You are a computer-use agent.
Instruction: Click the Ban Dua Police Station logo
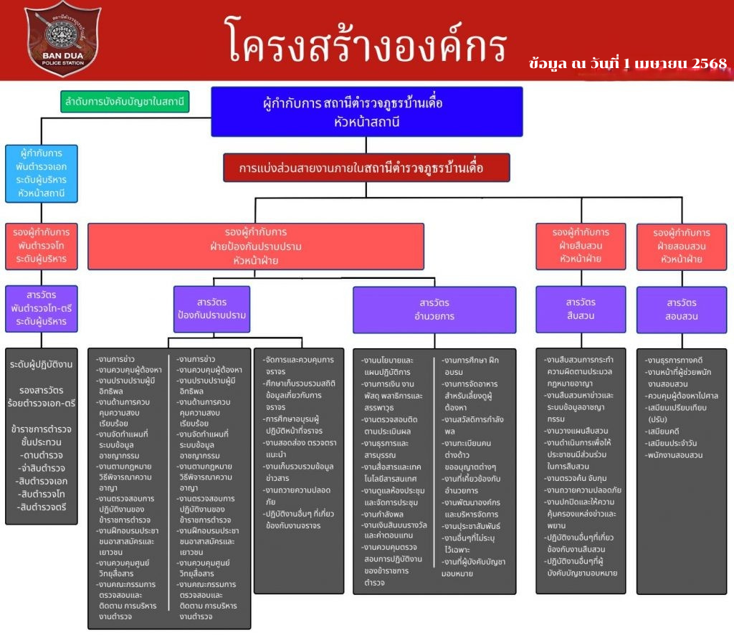[63, 39]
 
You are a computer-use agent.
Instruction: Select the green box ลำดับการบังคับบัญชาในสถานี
[125, 102]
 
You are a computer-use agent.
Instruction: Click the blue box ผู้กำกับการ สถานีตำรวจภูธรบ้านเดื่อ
[366, 111]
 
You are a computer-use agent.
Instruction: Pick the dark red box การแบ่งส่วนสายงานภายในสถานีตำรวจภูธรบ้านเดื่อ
[366, 168]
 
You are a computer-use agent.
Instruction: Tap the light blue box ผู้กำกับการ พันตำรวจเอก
[41, 173]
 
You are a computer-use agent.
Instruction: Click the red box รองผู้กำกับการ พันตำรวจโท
[41, 245]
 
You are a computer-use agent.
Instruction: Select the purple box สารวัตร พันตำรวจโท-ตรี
[41, 308]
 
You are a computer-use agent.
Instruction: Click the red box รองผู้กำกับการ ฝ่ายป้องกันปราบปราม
[256, 246]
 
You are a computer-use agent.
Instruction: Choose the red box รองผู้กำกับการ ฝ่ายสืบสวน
[581, 246]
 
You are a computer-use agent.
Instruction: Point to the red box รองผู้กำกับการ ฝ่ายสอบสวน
[681, 246]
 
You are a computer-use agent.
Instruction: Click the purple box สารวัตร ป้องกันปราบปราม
[211, 308]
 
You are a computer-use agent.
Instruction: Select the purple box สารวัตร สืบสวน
[581, 308]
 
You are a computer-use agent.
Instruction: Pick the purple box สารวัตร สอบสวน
[681, 309]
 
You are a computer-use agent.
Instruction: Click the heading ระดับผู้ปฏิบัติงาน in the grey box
[41, 365]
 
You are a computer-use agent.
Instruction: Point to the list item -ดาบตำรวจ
[42, 455]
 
